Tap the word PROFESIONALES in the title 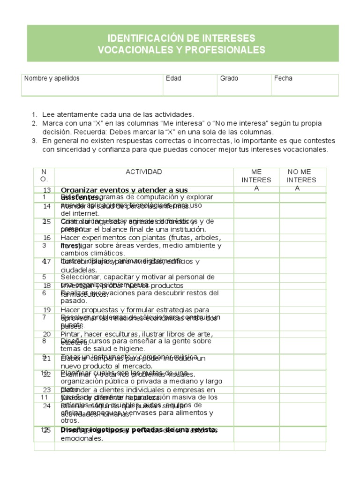tap(222, 50)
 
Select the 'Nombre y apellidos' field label tap(52, 78)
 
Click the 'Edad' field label tap(173, 78)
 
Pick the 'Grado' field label tap(229, 78)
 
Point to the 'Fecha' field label tap(283, 78)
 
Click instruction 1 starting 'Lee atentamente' tap(117, 114)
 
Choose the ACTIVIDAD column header tap(144, 172)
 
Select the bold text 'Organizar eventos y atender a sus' tap(124, 190)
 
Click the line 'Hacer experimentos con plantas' tap(145, 238)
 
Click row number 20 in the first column tap(47, 334)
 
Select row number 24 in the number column tap(47, 405)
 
